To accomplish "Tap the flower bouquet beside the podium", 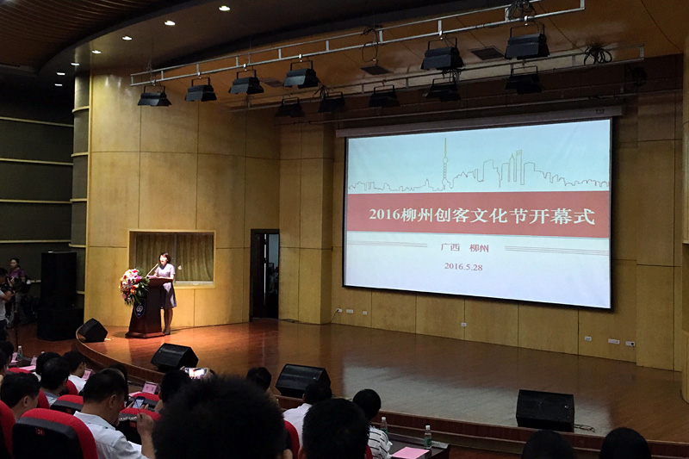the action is pyautogui.click(x=133, y=286).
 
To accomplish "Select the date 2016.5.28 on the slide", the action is pyautogui.click(x=463, y=266).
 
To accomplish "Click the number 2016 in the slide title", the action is pyautogui.click(x=384, y=214).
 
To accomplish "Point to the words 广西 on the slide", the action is pyautogui.click(x=450, y=247).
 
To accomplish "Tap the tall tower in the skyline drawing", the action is pyautogui.click(x=444, y=164).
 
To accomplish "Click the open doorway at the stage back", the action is pyautogui.click(x=265, y=275).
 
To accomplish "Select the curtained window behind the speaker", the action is pyautogui.click(x=172, y=257).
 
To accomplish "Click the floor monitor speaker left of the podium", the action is pyautogui.click(x=92, y=331).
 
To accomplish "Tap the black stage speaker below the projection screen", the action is pyautogui.click(x=545, y=410).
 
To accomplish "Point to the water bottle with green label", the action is pyautogui.click(x=427, y=436).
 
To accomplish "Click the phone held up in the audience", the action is pyautogui.click(x=196, y=373).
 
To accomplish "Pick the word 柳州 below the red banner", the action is pyautogui.click(x=479, y=248).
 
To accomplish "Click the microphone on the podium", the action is pyautogui.click(x=152, y=270).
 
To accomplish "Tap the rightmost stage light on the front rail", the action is pyautogui.click(x=526, y=44).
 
